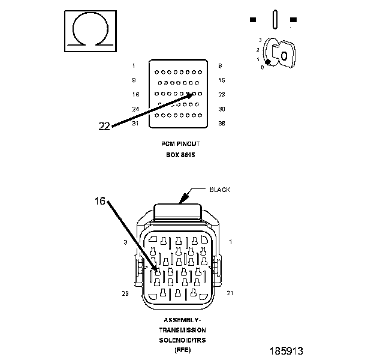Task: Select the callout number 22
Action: click(104, 126)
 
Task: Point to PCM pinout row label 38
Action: click(221, 123)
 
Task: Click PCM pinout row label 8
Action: click(221, 65)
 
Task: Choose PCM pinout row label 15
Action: click(221, 80)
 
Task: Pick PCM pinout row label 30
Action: click(221, 109)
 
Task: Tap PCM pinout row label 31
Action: click(135, 123)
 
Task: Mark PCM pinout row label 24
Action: click(135, 109)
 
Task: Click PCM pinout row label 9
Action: click(134, 80)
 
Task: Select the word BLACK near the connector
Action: click(219, 190)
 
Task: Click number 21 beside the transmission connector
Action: click(230, 293)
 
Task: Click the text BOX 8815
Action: click(181, 154)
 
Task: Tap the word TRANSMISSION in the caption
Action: click(182, 330)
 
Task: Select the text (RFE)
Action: click(182, 349)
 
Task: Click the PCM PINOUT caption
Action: click(181, 144)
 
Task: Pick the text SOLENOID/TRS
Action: click(182, 340)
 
